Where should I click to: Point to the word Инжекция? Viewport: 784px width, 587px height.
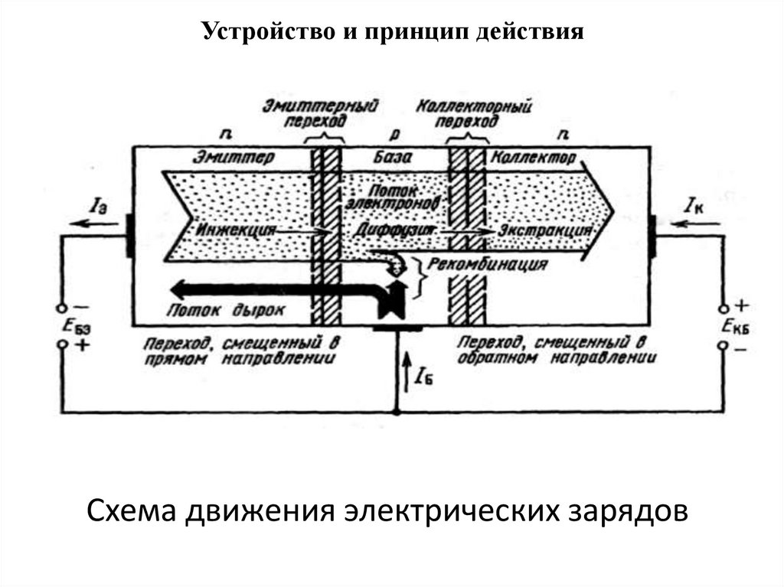point(235,229)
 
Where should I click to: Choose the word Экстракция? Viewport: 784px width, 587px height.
point(545,229)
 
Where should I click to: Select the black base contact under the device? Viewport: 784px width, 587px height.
point(397,328)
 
